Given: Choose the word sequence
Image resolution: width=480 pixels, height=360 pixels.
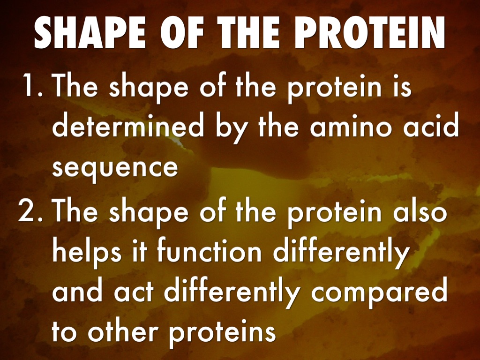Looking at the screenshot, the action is tap(115, 168).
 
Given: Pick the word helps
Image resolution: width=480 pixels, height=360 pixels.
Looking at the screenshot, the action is tap(87, 253).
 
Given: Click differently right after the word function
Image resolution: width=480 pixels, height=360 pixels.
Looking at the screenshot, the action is tap(341, 253).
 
